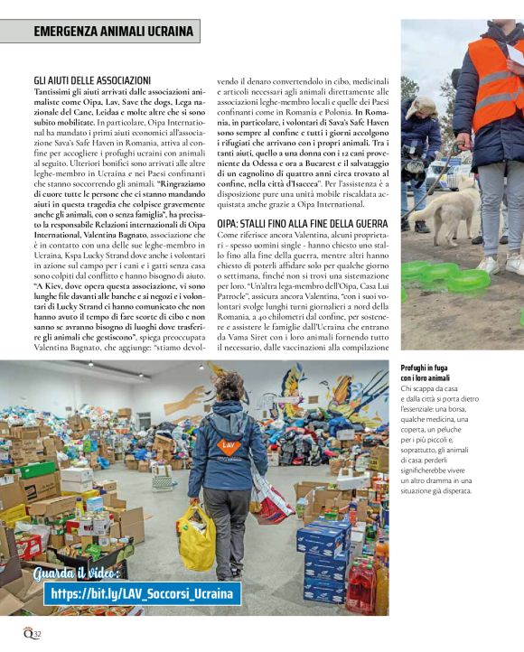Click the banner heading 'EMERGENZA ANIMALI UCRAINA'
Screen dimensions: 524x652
(x=113, y=32)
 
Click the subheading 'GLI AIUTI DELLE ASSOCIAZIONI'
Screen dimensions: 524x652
(x=92, y=81)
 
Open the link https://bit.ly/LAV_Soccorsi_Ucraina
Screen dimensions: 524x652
(x=142, y=593)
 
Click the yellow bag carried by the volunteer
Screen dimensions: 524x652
(x=197, y=538)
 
